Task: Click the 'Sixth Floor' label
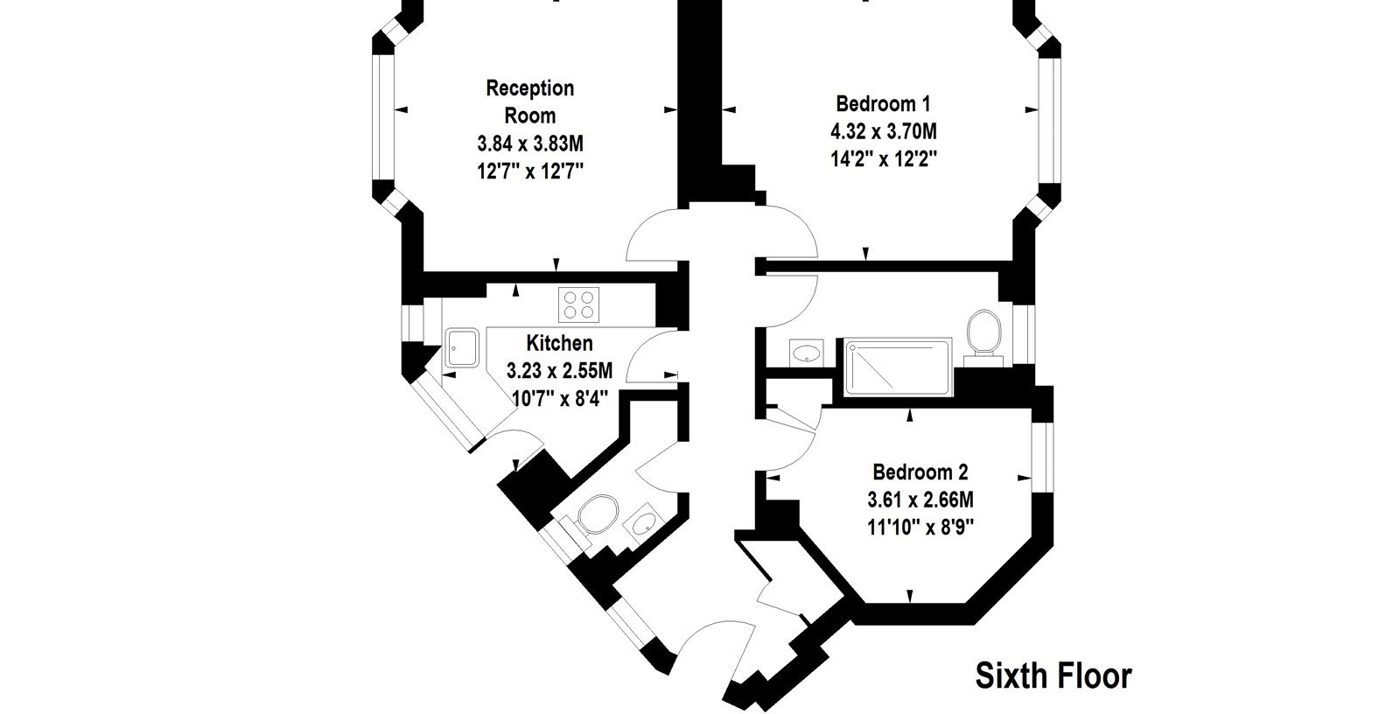pos(1053,675)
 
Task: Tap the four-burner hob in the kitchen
pos(578,304)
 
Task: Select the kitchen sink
pos(462,347)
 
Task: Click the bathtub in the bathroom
pos(898,367)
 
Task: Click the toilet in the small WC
pos(591,516)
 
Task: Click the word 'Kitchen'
pos(559,343)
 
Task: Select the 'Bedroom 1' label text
pos(883,103)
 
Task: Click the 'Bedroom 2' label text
pos(920,472)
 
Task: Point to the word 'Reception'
pos(530,88)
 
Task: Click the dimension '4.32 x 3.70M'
pos(883,132)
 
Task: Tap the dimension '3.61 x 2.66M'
pos(920,500)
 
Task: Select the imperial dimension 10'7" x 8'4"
pos(559,398)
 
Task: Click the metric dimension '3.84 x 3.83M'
pos(530,143)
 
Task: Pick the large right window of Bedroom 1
pos(1050,122)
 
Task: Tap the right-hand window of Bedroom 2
pos(1042,458)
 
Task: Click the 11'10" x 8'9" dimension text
pos(920,528)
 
